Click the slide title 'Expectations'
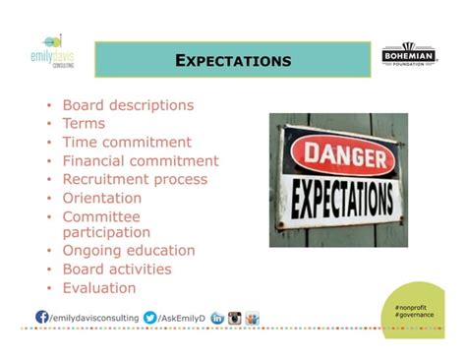[x=233, y=61]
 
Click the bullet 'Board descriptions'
[x=128, y=105]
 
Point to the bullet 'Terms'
[x=84, y=124]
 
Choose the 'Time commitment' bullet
[x=127, y=143]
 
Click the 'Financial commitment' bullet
[x=141, y=160]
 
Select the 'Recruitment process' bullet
[x=135, y=179]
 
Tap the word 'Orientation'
[x=102, y=198]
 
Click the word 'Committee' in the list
[x=101, y=216]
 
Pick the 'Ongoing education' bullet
[x=129, y=250]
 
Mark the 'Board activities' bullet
[x=117, y=269]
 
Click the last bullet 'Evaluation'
[x=99, y=287]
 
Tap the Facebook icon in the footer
[x=42, y=317]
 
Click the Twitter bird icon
[x=149, y=317]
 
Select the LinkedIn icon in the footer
[x=217, y=317]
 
